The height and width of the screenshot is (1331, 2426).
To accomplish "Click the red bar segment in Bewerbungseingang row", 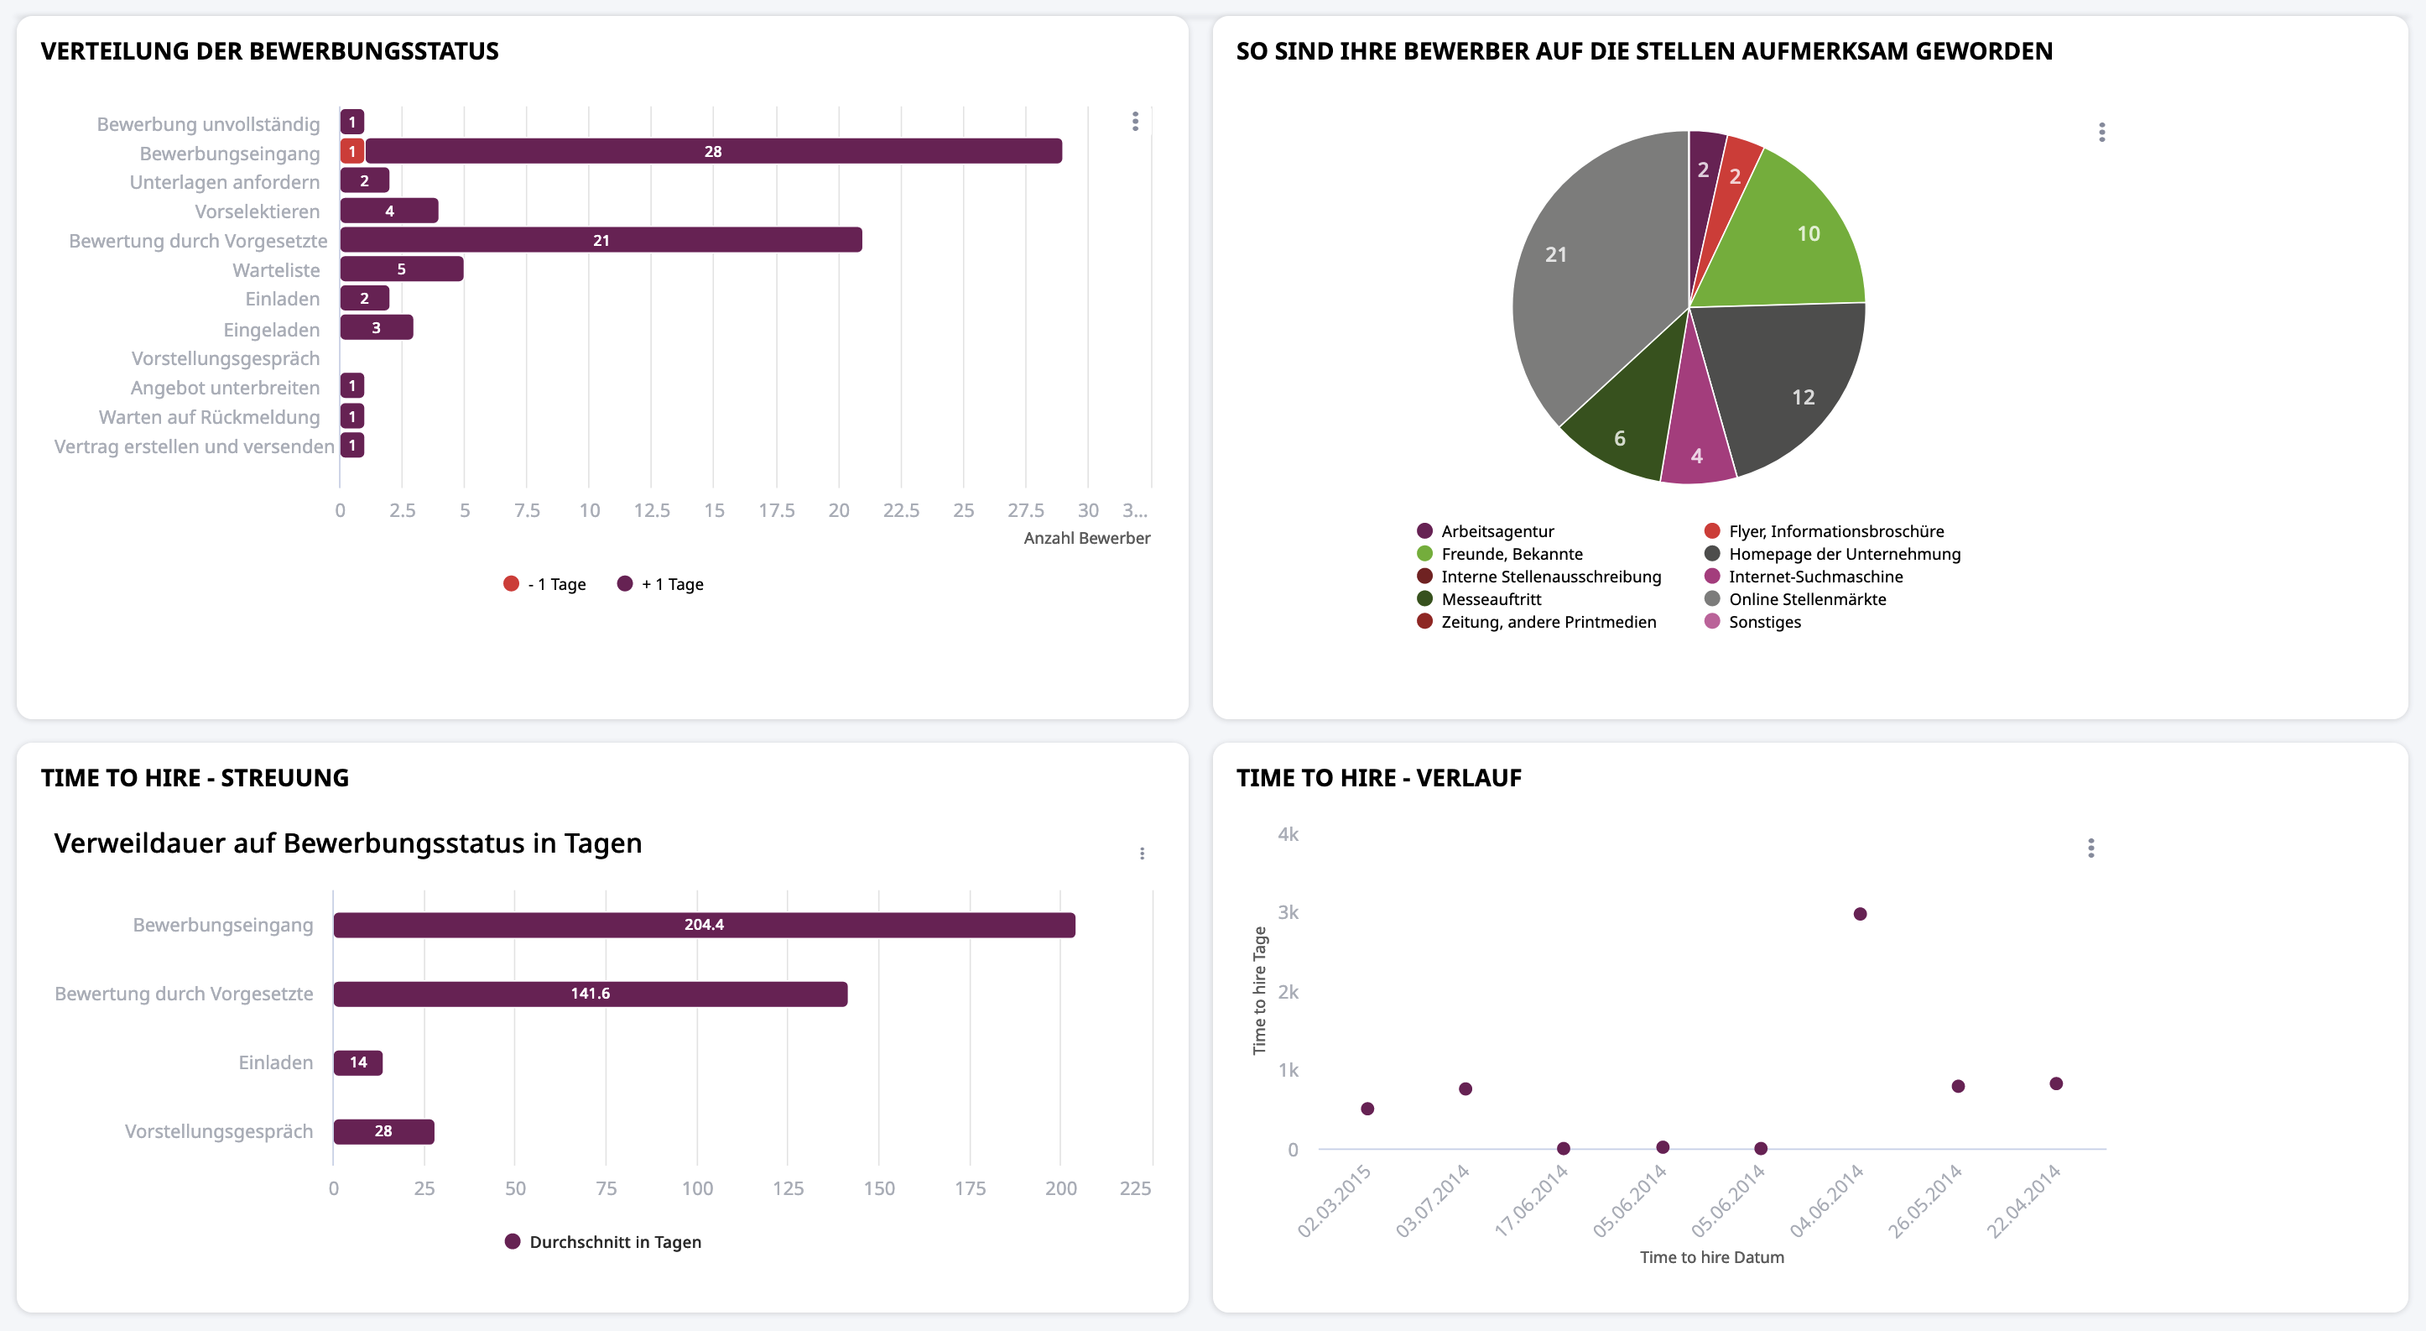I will [x=352, y=151].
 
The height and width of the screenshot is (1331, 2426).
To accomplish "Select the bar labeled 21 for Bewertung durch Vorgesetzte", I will [x=601, y=240].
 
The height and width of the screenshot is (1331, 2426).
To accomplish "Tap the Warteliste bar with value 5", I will [x=401, y=269].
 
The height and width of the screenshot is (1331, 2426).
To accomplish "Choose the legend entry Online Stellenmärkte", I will [x=1806, y=599].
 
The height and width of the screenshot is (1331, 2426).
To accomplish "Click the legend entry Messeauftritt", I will [x=1490, y=599].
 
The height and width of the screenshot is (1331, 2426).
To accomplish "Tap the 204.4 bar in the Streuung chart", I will [x=704, y=925].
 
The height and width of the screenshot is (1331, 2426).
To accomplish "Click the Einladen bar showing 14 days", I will [x=358, y=1062].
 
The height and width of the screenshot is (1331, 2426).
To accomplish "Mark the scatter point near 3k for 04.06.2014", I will [x=1860, y=914].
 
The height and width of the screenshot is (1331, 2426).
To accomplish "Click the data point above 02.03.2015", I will [x=1367, y=1109].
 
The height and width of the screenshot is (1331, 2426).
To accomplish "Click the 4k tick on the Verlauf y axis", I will [x=1288, y=834].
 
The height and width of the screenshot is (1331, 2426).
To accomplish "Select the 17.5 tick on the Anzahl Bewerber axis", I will [x=776, y=510].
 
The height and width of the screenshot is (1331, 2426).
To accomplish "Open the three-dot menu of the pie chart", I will [x=2102, y=132].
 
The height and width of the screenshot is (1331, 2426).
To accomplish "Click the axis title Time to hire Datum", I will [x=1711, y=1257].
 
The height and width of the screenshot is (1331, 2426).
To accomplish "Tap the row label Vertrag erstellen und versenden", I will [x=194, y=446].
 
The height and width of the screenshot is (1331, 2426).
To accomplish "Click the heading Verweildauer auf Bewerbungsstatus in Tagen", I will [x=347, y=843].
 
